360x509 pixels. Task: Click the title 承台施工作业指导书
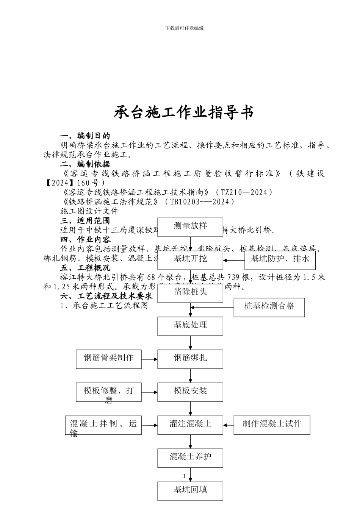tap(184, 112)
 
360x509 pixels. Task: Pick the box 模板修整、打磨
tap(109, 392)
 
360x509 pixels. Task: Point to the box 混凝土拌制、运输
tap(103, 425)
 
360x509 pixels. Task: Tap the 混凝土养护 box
tap(190, 458)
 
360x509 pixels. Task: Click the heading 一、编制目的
tap(85, 136)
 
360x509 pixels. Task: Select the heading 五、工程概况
tap(85, 268)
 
